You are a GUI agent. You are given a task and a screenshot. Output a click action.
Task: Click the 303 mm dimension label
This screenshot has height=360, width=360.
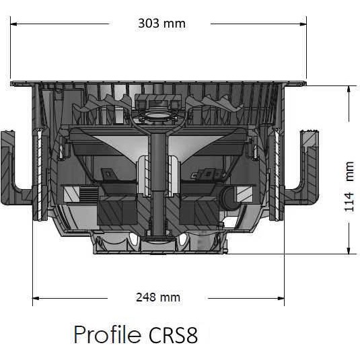tap(161, 24)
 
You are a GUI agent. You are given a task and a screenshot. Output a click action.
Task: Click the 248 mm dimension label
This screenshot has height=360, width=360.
tap(158, 297)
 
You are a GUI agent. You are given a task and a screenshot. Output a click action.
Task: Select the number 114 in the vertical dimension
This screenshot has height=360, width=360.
tap(349, 202)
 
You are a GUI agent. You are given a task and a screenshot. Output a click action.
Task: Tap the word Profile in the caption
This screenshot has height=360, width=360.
tap(108, 334)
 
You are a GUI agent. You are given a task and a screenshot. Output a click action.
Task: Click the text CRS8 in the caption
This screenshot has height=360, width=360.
tap(174, 334)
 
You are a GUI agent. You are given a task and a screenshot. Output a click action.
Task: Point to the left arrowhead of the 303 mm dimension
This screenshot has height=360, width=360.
tap(13, 24)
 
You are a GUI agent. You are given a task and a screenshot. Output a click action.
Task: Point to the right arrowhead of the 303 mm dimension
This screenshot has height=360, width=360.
tap(303, 24)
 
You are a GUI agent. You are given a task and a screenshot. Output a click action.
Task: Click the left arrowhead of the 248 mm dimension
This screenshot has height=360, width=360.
tap(36, 299)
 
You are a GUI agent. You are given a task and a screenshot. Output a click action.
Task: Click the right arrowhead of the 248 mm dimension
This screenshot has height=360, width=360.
tap(281, 299)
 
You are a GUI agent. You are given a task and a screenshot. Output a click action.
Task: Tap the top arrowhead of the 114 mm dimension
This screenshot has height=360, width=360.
tap(349, 89)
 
